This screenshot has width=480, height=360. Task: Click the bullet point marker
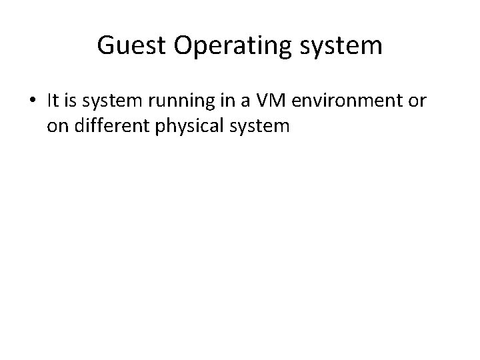33,101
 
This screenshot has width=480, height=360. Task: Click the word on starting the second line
57,126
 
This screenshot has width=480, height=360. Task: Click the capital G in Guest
105,45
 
